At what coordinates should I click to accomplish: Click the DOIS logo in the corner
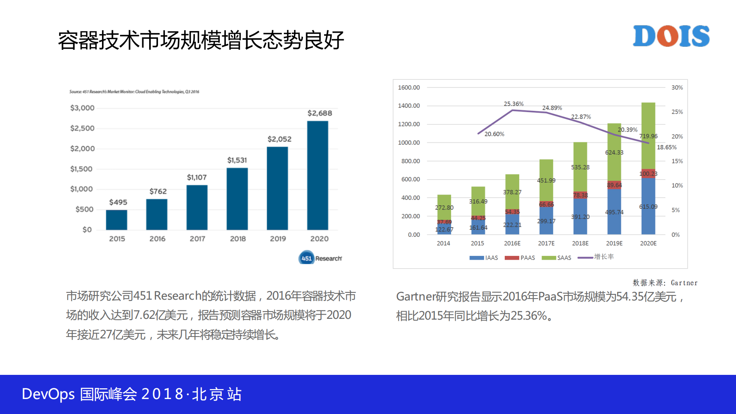point(671,36)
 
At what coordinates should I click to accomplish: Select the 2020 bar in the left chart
point(318,175)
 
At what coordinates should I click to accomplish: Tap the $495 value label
point(118,202)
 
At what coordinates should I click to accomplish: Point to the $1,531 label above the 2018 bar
point(237,160)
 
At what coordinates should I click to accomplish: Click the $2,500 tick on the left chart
point(82,128)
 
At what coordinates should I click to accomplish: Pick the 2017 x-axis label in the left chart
point(197,239)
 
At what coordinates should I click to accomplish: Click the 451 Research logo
point(320,258)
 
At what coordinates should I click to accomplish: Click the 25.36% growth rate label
point(514,104)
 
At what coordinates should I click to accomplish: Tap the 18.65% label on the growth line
point(667,147)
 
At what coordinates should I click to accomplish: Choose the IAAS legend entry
point(484,258)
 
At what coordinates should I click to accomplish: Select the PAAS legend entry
point(520,258)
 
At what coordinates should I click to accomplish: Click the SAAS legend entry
point(557,258)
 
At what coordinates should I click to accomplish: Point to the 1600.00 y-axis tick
point(409,87)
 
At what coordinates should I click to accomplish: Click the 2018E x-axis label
point(580,243)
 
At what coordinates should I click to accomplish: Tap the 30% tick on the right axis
point(677,87)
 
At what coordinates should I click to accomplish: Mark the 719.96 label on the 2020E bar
point(648,136)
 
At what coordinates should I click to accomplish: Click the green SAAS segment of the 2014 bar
point(444,205)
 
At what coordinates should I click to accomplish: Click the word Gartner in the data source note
point(684,283)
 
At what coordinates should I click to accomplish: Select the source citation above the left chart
point(134,92)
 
